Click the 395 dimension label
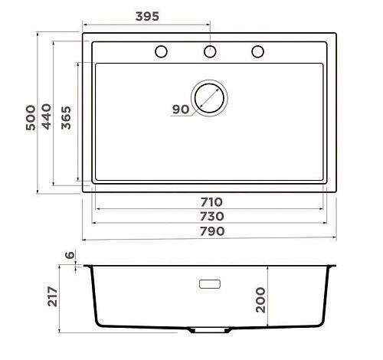(147, 17)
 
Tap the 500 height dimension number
(31, 118)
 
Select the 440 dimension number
(46, 116)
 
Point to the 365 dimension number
(66, 118)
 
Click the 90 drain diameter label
(181, 110)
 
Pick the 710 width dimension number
(211, 202)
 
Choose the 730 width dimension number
(211, 217)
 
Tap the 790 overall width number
(212, 231)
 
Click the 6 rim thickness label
(70, 255)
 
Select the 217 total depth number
(53, 296)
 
